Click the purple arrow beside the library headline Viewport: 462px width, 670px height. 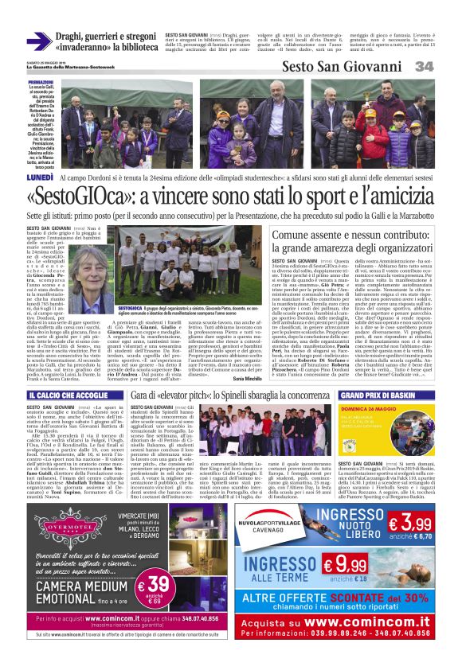pyautogui.click(x=37, y=41)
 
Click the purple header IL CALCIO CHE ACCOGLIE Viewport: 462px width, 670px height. pyautogui.click(x=61, y=395)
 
